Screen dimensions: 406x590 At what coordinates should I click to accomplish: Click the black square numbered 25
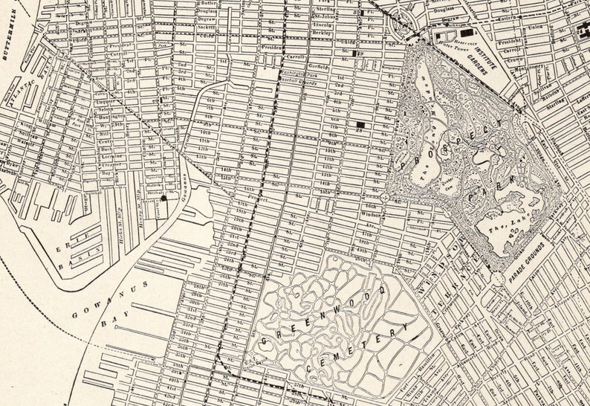coord(360,124)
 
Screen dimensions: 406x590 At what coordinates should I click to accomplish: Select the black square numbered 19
coord(357,53)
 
